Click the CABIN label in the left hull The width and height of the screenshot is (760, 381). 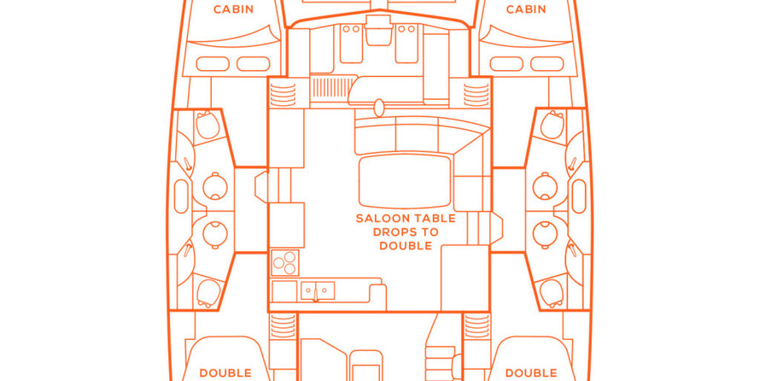pyautogui.click(x=233, y=9)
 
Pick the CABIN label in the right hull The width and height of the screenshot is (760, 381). pyautogui.click(x=526, y=9)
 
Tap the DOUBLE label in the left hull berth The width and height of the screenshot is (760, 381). pyautogui.click(x=225, y=373)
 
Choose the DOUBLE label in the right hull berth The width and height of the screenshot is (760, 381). pyautogui.click(x=531, y=373)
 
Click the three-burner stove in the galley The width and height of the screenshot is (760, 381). pyautogui.click(x=284, y=263)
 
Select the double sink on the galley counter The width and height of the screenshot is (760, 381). pyautogui.click(x=318, y=290)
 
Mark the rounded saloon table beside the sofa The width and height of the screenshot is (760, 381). pyautogui.click(x=406, y=181)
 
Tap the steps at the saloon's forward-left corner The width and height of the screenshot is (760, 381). pyautogui.click(x=283, y=94)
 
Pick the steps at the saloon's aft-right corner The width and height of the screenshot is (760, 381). pyautogui.click(x=477, y=325)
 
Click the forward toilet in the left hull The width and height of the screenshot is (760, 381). pyautogui.click(x=208, y=125)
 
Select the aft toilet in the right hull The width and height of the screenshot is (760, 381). pyautogui.click(x=552, y=293)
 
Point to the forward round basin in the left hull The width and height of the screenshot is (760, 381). pyautogui.click(x=214, y=186)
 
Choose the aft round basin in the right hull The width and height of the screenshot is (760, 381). pyautogui.click(x=545, y=235)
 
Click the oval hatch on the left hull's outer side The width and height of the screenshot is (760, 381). pyautogui.click(x=181, y=196)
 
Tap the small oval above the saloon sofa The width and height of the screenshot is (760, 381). pyautogui.click(x=379, y=108)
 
